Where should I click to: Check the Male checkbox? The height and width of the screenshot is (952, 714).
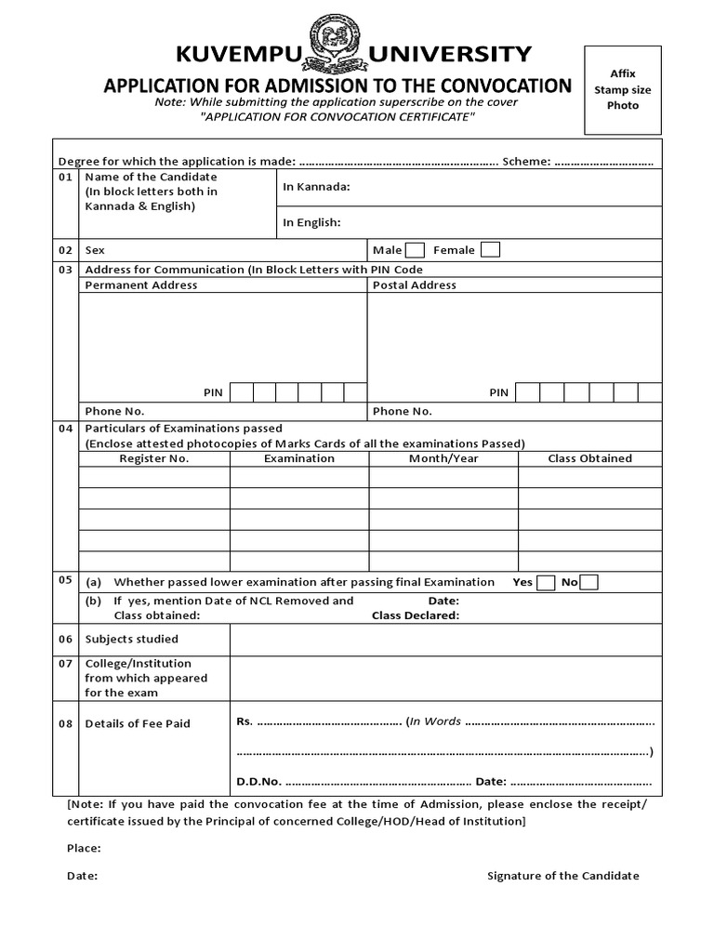click(416, 249)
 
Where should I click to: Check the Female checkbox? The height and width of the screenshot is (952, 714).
click(490, 249)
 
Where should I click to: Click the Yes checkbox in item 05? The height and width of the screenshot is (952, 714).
click(547, 582)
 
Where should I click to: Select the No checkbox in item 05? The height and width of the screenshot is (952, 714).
click(589, 582)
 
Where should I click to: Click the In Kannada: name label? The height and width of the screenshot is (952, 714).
click(316, 187)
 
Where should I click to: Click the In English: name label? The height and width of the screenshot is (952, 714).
click(311, 222)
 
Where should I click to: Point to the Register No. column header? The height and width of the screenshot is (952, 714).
click(154, 458)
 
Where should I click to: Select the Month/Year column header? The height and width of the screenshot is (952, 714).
click(443, 458)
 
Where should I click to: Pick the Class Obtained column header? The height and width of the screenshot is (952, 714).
click(589, 458)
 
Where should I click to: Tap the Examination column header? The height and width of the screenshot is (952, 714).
click(298, 458)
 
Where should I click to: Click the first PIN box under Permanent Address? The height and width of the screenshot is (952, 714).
click(242, 392)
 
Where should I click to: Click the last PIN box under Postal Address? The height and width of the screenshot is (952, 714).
click(650, 392)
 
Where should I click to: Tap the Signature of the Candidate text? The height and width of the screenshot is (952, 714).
click(563, 876)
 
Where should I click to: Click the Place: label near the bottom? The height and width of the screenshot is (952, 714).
click(84, 848)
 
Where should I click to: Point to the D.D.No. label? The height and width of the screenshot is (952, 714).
click(260, 782)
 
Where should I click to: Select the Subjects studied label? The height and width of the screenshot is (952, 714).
click(131, 640)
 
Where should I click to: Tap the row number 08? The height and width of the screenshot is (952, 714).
click(65, 723)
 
